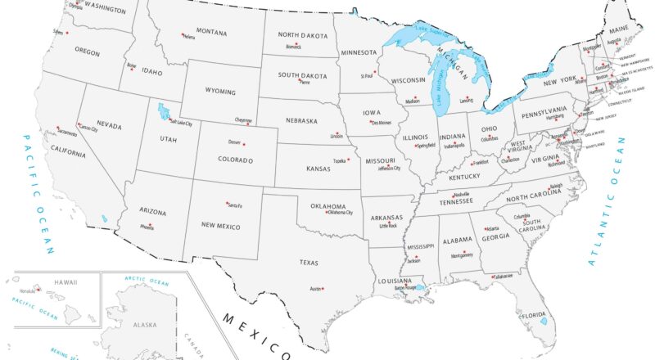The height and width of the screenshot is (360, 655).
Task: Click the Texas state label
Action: [309, 263]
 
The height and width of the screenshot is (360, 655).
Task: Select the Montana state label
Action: [210, 32]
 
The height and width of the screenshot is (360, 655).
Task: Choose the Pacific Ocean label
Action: [40, 192]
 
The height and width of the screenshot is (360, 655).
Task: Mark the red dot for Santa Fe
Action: [227, 202]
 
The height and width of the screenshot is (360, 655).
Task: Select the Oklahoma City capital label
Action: [339, 213]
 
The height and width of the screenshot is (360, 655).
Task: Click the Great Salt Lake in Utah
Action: [163, 110]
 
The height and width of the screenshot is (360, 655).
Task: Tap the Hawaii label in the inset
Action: [66, 282]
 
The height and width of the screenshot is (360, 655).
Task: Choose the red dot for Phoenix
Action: [153, 223]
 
